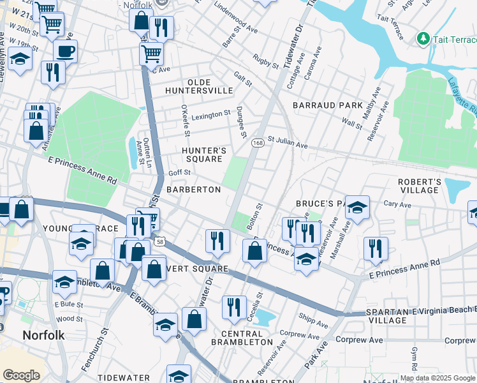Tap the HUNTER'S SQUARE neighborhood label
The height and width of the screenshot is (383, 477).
[x=204, y=154]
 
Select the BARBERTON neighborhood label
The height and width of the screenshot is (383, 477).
[x=193, y=190]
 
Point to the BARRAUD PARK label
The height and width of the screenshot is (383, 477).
[x=327, y=105]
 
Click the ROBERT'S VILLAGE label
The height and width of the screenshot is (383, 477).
[x=420, y=186]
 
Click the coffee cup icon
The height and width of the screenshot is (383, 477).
[x=65, y=50]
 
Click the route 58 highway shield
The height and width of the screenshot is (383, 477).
[x=161, y=242]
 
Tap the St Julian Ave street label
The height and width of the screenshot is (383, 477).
[x=287, y=142]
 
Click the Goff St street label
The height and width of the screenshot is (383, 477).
[x=179, y=173]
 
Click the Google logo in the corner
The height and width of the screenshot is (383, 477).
[x=21, y=375]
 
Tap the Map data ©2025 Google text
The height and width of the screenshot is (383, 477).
[x=437, y=378]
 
